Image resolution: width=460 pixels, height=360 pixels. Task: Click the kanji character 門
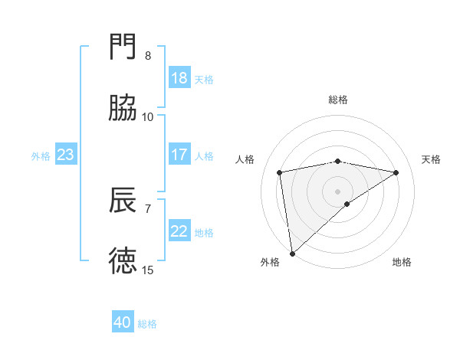coord(123,47)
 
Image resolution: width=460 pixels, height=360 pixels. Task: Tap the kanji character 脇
coord(123,109)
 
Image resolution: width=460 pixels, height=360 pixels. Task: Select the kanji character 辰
coord(123,200)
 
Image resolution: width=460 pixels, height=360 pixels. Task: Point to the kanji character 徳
coord(123,261)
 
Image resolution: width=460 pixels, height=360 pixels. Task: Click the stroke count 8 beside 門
coord(148,56)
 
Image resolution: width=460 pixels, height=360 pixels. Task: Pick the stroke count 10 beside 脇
coord(148,117)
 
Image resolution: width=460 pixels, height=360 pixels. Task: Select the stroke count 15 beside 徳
coord(148,270)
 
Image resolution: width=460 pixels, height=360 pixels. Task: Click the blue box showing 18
coord(179,78)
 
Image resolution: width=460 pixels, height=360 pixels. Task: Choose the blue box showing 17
coord(179,155)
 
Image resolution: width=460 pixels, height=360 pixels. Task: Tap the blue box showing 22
coord(179,231)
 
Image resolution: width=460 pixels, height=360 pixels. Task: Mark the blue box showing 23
coord(66,155)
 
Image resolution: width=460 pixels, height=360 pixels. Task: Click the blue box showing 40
coord(123,323)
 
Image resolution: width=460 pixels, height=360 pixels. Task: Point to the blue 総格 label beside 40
coord(147,324)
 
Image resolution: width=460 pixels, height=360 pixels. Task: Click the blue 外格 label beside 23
coord(41,155)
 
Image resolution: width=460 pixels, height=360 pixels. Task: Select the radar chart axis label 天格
coord(431,159)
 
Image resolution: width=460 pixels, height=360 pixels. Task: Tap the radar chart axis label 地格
coord(402,262)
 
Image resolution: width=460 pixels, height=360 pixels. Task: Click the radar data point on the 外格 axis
coord(292,253)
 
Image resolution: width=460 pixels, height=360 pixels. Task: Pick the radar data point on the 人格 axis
coord(280,172)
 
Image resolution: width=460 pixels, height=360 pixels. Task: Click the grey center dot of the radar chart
coord(337,190)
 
